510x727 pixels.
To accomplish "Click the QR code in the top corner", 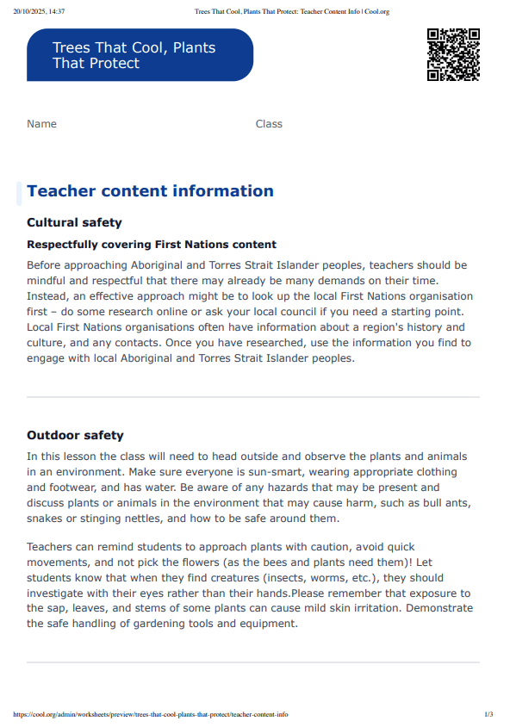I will click(x=453, y=54).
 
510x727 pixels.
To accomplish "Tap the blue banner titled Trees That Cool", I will click(x=140, y=55).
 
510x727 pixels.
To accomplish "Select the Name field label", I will click(x=41, y=124).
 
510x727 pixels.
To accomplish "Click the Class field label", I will click(x=269, y=124).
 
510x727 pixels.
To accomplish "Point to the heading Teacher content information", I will click(x=150, y=191).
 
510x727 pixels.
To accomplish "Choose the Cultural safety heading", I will click(x=74, y=223).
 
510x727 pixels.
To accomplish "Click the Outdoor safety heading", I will click(x=75, y=436).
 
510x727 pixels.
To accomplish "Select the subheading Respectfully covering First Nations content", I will click(x=151, y=245).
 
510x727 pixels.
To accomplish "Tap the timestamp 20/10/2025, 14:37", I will click(x=40, y=11).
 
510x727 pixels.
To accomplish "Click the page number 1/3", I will click(x=488, y=714).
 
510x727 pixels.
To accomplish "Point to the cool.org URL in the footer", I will click(x=151, y=714).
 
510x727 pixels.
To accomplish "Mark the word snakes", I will click(x=45, y=519).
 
